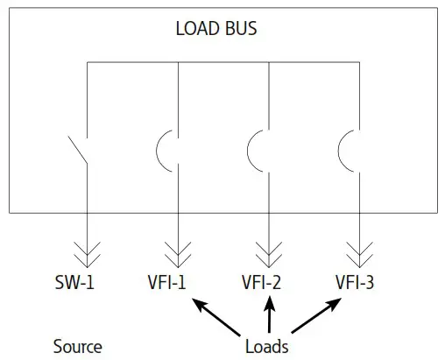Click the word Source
(77, 346)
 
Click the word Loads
(267, 346)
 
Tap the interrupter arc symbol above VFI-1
(166, 150)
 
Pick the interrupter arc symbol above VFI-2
(255, 150)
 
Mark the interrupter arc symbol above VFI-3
(345, 150)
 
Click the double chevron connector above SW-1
(88, 255)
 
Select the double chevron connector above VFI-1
(178, 255)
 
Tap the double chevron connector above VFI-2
(267, 255)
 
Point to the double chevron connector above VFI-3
(357, 255)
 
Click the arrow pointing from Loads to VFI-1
(217, 316)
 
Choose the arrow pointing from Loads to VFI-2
(270, 314)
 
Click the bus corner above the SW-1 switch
(88, 63)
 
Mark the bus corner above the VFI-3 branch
(357, 63)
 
